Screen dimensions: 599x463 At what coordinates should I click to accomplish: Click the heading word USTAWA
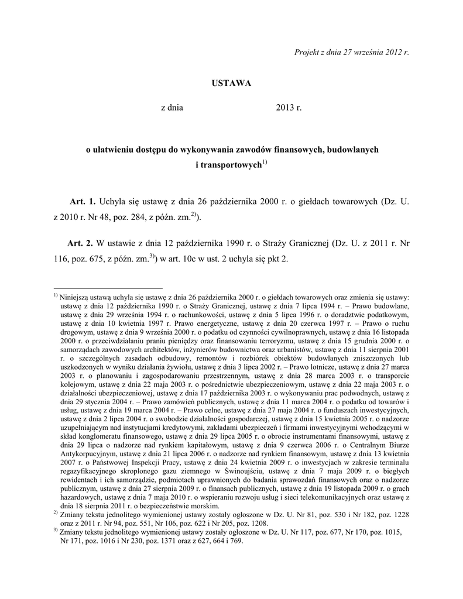(x=231, y=83)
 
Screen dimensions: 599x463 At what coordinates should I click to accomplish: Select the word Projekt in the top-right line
(x=306, y=51)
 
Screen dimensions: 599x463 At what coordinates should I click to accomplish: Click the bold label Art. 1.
(x=83, y=202)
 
